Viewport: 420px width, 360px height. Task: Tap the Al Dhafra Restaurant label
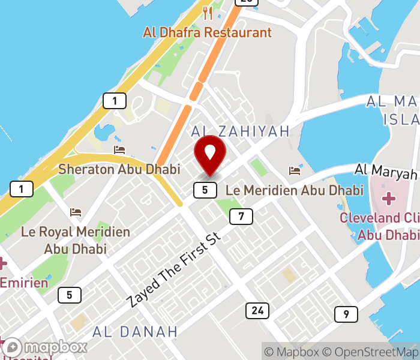pos(207,32)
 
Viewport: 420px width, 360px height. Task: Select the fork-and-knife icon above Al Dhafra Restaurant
pos(208,13)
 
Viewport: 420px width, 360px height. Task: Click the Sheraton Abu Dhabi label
pos(119,169)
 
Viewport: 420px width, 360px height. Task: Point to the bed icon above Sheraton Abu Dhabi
pos(119,149)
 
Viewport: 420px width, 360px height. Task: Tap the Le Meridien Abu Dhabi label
pos(295,190)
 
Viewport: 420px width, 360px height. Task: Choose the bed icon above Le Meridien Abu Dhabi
pos(295,171)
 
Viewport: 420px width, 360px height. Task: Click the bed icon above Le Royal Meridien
pos(76,212)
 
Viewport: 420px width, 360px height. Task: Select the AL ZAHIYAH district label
pos(240,131)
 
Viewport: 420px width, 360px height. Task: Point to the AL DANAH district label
pos(135,331)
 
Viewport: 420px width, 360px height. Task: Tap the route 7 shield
pos(241,217)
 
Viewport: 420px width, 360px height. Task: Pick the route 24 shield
pos(257,310)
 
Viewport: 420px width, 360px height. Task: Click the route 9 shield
pos(346,314)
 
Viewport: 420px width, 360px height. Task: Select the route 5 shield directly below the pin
pos(205,190)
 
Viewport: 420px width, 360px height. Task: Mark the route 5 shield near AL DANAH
pos(70,295)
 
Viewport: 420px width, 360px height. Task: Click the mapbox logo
pos(45,347)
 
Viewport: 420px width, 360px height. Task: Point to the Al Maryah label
pos(386,172)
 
